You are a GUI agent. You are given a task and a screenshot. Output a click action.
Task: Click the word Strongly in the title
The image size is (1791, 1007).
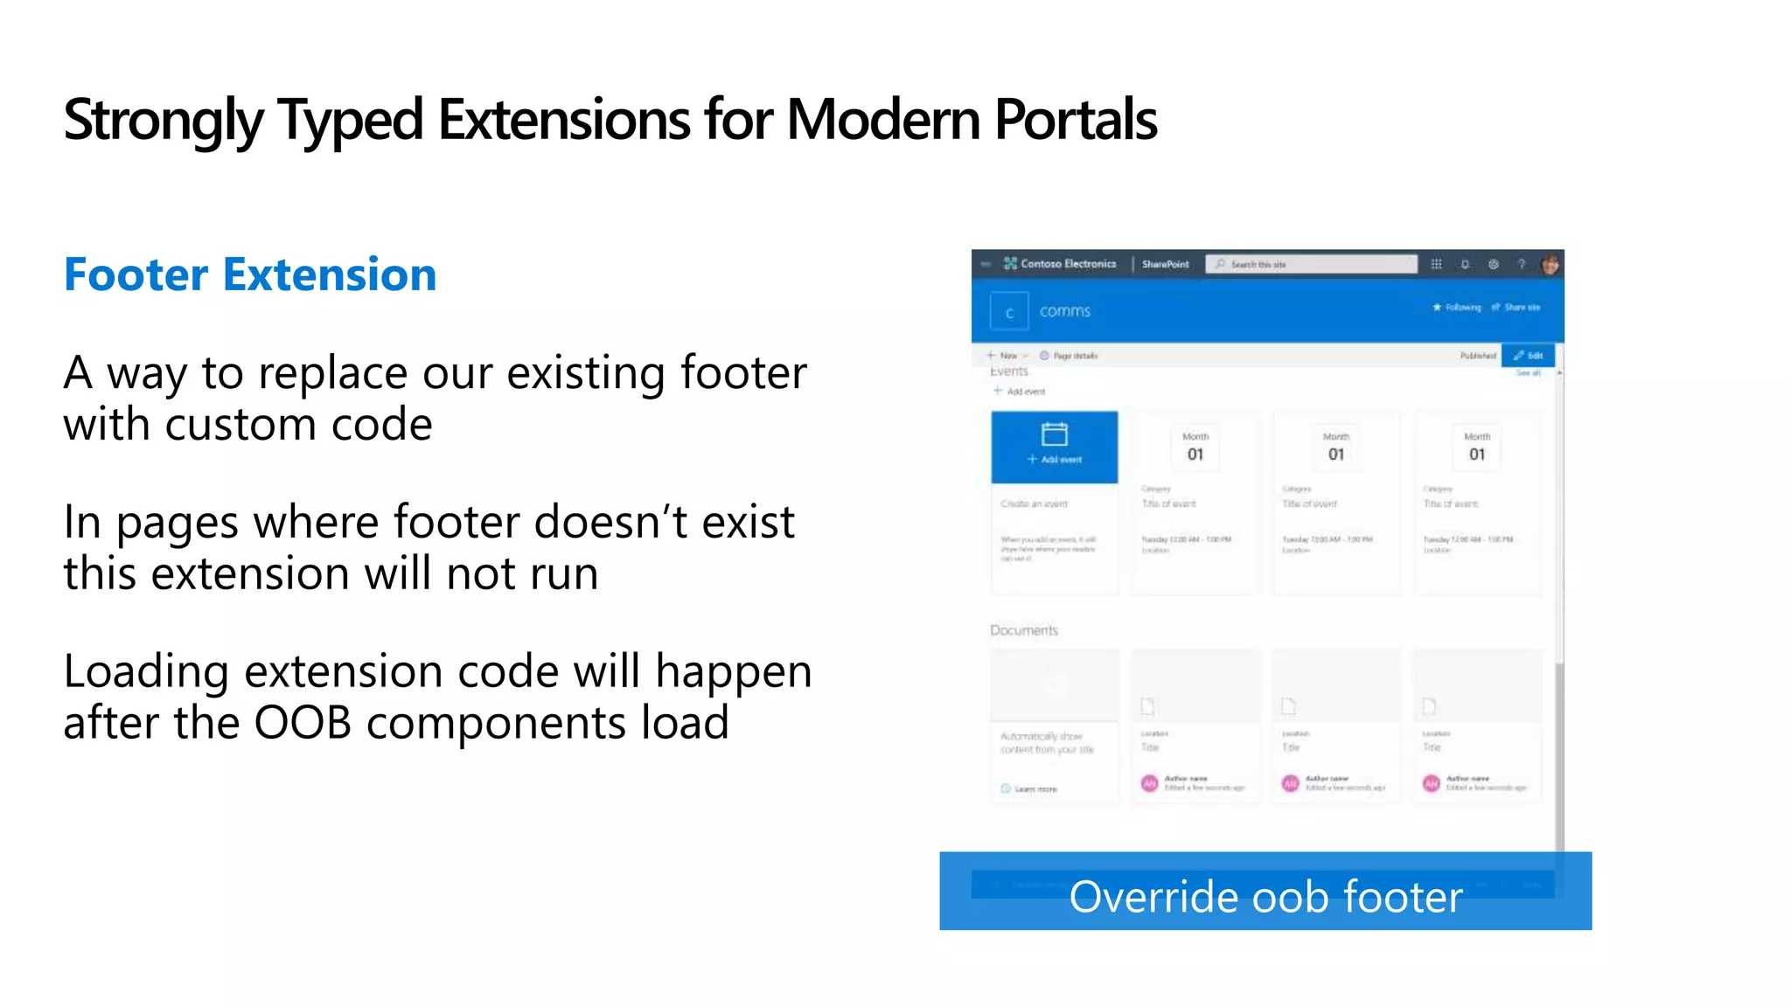point(162,120)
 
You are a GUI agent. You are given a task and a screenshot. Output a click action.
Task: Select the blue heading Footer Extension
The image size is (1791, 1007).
point(250,274)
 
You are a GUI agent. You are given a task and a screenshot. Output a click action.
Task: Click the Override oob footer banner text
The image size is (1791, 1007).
point(1265,897)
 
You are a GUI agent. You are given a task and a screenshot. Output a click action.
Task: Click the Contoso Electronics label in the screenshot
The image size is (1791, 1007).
point(1068,263)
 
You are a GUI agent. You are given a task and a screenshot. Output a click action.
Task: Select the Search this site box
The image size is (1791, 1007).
point(1311,264)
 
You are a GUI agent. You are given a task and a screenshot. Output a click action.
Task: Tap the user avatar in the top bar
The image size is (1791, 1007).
point(1550,264)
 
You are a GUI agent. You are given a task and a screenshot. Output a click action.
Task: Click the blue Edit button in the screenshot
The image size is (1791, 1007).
point(1528,356)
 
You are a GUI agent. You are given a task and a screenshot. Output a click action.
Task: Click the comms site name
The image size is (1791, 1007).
point(1064,311)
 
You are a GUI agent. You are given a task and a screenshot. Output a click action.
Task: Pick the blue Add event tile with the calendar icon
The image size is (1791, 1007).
point(1054,446)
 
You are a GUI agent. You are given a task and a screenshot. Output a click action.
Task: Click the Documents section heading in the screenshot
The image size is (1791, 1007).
point(1023,630)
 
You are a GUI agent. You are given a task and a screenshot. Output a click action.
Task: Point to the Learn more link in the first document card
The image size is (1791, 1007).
point(1035,789)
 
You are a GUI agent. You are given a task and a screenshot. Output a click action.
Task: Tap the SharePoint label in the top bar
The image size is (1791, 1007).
point(1165,264)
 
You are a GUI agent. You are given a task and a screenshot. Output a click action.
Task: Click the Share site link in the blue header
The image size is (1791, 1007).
point(1521,308)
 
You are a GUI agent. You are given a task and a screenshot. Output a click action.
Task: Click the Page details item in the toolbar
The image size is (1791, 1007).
point(1074,356)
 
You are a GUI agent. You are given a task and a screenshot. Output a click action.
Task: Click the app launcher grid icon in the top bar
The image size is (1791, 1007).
point(1436,264)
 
